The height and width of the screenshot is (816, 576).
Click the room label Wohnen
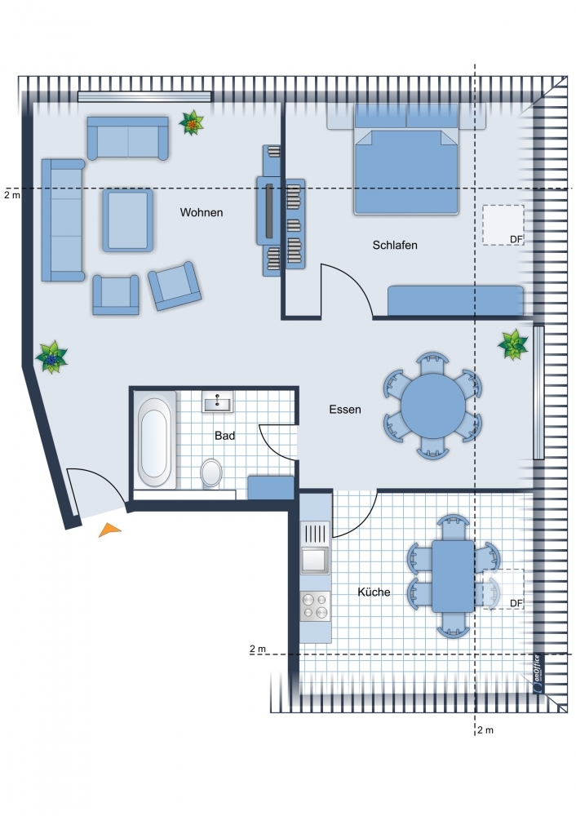[202, 212]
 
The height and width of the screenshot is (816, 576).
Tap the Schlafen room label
[395, 245]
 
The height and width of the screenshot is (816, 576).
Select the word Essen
[345, 410]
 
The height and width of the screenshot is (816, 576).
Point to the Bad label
[225, 436]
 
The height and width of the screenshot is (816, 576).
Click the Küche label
[374, 592]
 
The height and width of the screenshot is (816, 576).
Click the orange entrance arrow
[109, 530]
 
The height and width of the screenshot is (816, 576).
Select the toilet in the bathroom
[211, 472]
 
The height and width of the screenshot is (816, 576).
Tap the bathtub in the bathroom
[154, 442]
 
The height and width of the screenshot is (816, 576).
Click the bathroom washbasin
[218, 401]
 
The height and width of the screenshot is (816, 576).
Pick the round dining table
[433, 406]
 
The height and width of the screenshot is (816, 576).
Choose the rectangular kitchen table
[453, 576]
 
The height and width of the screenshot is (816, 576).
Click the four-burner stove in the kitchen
[315, 606]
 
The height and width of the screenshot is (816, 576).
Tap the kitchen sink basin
[315, 560]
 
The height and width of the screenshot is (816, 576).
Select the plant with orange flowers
[192, 123]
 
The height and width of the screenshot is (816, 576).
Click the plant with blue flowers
[51, 357]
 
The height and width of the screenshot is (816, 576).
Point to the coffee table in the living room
[127, 220]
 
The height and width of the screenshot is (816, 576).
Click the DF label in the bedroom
[516, 239]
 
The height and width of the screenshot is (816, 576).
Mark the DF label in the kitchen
[516, 603]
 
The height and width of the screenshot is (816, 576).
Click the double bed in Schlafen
[405, 159]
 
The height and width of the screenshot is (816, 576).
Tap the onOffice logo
[538, 673]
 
